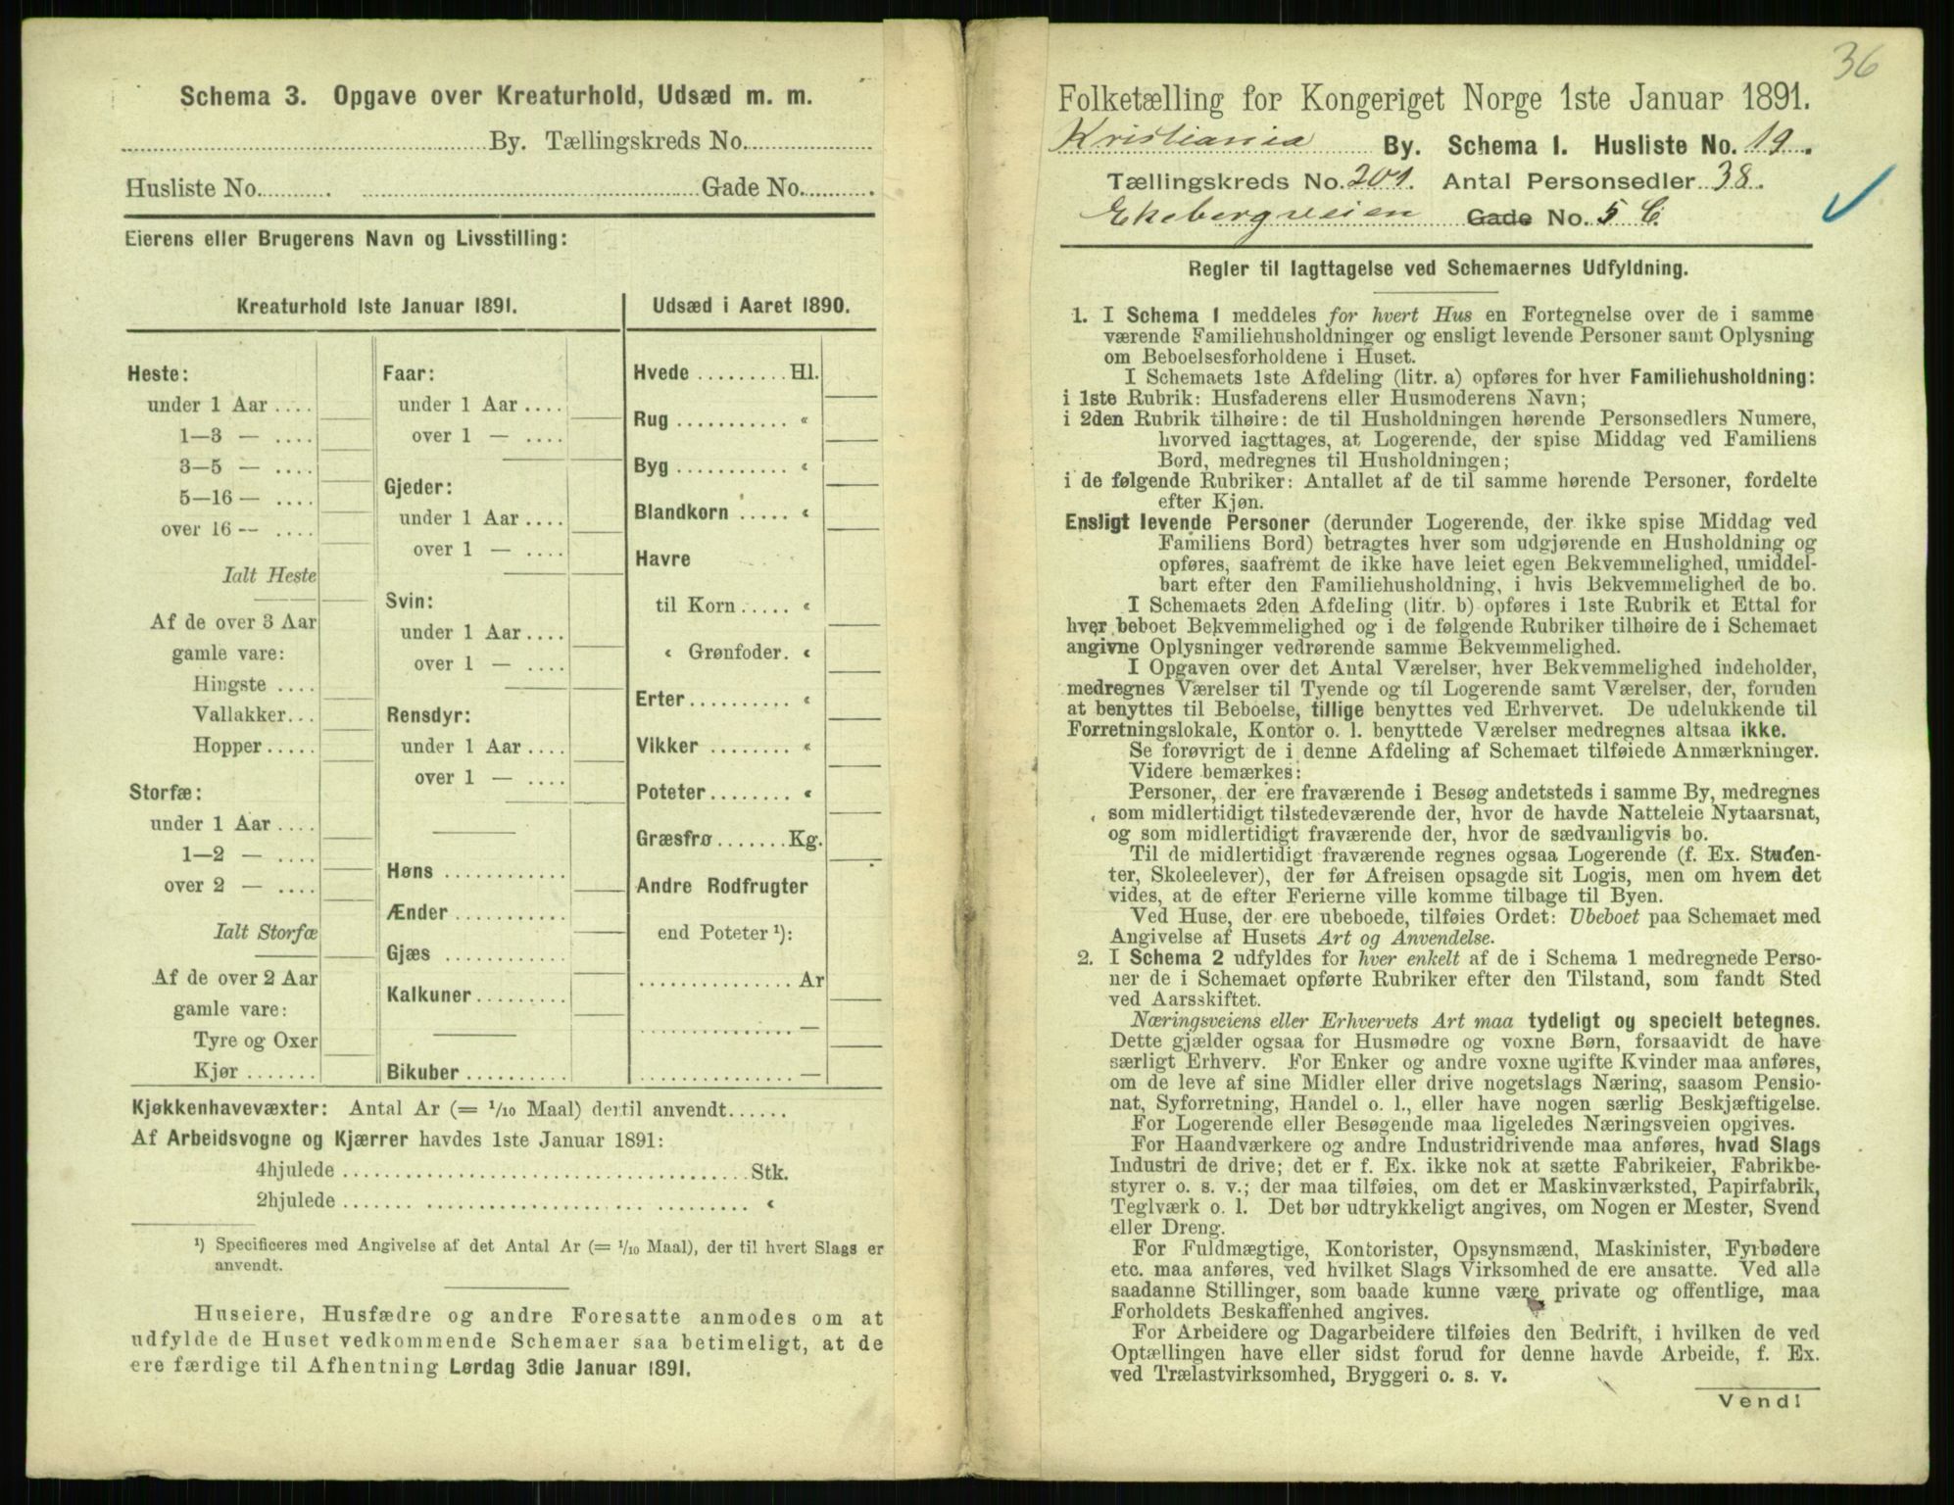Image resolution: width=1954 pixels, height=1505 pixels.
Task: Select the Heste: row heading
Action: [157, 373]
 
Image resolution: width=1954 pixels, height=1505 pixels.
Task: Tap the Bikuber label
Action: [422, 1072]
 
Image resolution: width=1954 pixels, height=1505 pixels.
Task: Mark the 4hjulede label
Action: [294, 1170]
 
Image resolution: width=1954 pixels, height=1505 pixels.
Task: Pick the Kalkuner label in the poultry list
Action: [427, 995]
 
